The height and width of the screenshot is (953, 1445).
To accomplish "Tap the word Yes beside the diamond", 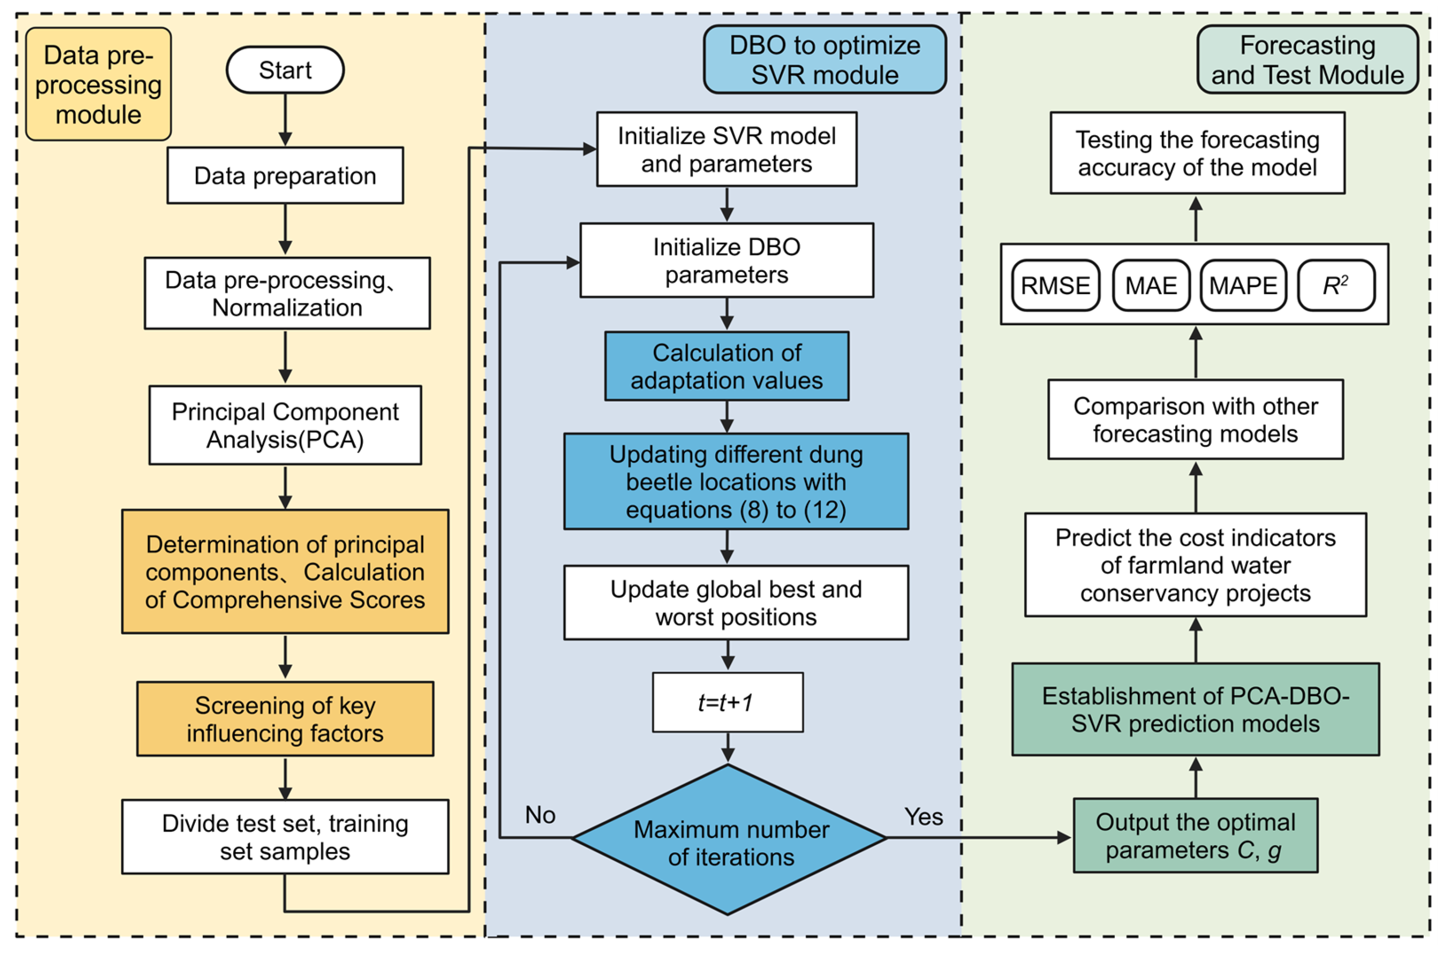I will point(923,816).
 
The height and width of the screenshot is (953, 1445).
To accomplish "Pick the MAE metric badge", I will point(1150,286).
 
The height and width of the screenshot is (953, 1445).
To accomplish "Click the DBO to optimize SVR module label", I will point(824,59).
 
